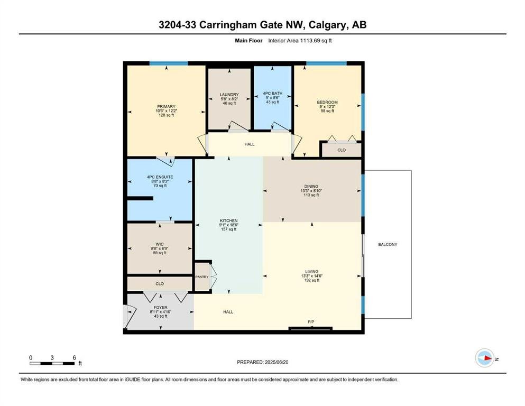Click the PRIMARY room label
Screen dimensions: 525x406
click(166, 106)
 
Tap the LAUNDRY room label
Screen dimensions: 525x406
click(229, 95)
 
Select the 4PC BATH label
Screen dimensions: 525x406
click(272, 94)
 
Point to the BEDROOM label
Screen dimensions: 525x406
click(327, 102)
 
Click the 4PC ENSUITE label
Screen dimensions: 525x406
click(160, 177)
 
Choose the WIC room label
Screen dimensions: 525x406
click(159, 244)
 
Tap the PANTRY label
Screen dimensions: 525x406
click(202, 277)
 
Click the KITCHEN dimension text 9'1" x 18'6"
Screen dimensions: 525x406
click(229, 225)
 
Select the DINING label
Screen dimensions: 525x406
click(311, 187)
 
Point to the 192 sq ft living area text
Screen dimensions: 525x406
click(311, 280)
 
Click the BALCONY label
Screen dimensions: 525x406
click(388, 244)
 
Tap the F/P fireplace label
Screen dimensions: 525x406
click(311, 322)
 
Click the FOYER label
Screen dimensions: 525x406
click(160, 307)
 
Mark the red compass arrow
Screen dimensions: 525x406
click(488, 358)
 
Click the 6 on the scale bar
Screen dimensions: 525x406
click(74, 357)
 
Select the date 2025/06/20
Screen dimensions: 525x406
click(276, 362)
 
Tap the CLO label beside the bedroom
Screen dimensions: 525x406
click(342, 150)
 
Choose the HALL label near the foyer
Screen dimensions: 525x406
click(228, 312)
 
